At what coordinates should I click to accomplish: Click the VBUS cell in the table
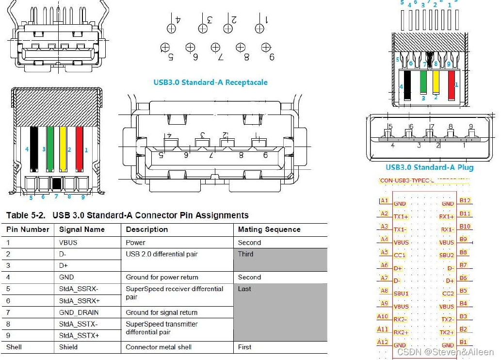click(68, 243)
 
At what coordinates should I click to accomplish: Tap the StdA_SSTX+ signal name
click(79, 335)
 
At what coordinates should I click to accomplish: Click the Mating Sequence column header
click(269, 229)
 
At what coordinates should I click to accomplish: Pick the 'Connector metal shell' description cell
click(159, 347)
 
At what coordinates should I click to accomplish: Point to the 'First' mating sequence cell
click(245, 347)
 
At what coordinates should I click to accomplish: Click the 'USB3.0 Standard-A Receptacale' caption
click(210, 82)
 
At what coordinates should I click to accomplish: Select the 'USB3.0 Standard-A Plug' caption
click(429, 167)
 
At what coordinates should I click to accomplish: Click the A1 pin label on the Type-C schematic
click(384, 200)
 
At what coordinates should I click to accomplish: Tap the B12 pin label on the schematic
click(465, 200)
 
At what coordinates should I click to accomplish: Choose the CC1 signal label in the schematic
click(400, 255)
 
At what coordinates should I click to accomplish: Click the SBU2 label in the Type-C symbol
click(447, 255)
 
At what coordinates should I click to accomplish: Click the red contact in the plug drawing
click(451, 85)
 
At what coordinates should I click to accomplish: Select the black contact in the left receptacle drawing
click(34, 149)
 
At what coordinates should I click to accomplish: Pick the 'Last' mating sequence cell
click(245, 289)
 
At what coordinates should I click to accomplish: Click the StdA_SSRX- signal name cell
click(79, 289)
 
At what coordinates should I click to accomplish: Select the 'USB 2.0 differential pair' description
click(162, 254)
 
